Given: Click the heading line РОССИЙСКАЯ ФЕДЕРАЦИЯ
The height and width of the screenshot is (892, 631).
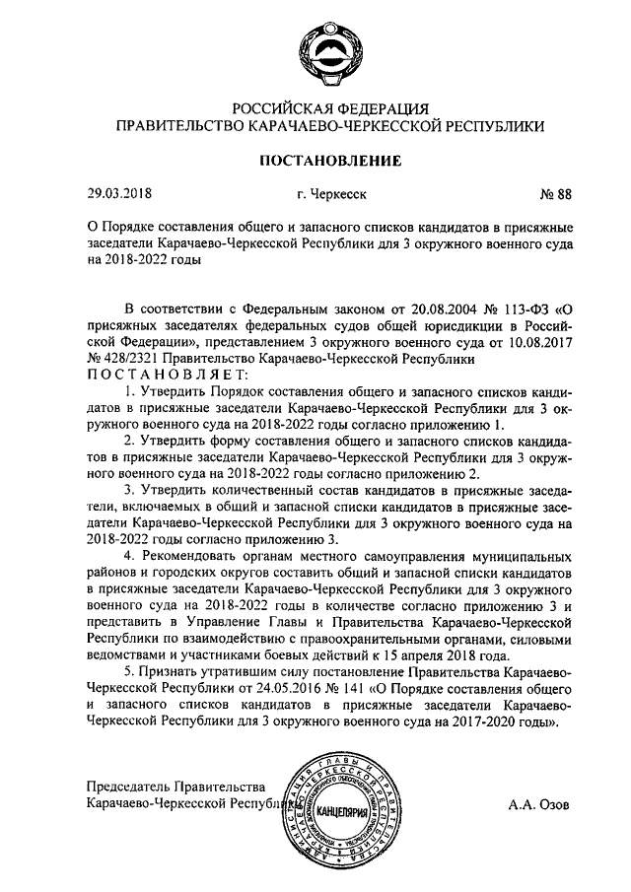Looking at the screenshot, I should tap(315, 107).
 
